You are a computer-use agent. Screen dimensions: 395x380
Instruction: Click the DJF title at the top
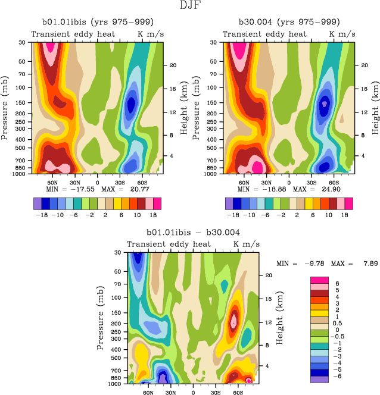click(190, 6)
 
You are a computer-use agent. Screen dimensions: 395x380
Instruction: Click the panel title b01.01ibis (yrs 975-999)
click(94, 23)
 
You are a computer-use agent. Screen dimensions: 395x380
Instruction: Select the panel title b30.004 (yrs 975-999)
click(285, 23)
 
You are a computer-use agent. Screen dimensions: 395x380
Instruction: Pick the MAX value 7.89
click(363, 264)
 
